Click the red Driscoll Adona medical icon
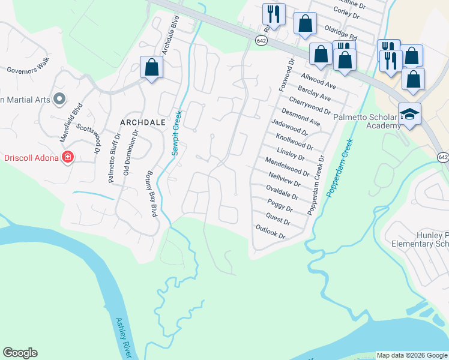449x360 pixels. tap(68, 158)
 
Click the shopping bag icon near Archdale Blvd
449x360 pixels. tap(152, 68)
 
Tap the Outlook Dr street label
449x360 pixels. tap(270, 232)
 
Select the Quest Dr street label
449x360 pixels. tap(278, 220)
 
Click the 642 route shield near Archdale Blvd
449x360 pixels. tap(261, 40)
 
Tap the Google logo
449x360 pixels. tap(20, 353)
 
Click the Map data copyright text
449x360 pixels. tap(412, 355)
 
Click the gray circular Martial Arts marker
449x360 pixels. tap(59, 98)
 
